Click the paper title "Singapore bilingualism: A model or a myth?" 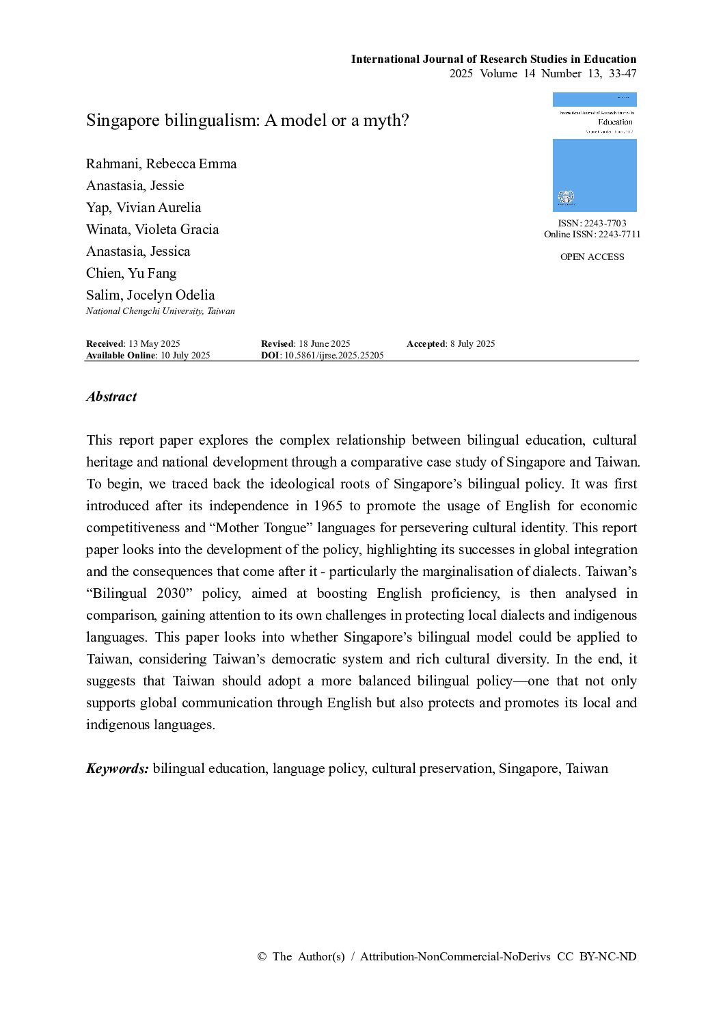point(247,120)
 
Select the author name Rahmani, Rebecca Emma point(161,163)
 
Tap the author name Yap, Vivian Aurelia point(144,207)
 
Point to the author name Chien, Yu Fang point(131,273)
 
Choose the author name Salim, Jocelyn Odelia point(150,295)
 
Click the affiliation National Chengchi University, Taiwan point(161,311)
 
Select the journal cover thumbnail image point(595,152)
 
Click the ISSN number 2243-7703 point(605,223)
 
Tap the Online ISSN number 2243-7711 point(619,234)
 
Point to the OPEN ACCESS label point(592,257)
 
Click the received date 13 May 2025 point(154,343)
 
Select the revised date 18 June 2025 point(325,343)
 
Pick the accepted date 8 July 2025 point(472,343)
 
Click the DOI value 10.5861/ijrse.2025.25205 point(334,355)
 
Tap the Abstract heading point(111,397)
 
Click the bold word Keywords point(117,768)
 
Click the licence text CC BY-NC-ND point(597,956)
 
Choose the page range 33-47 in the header point(623,73)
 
